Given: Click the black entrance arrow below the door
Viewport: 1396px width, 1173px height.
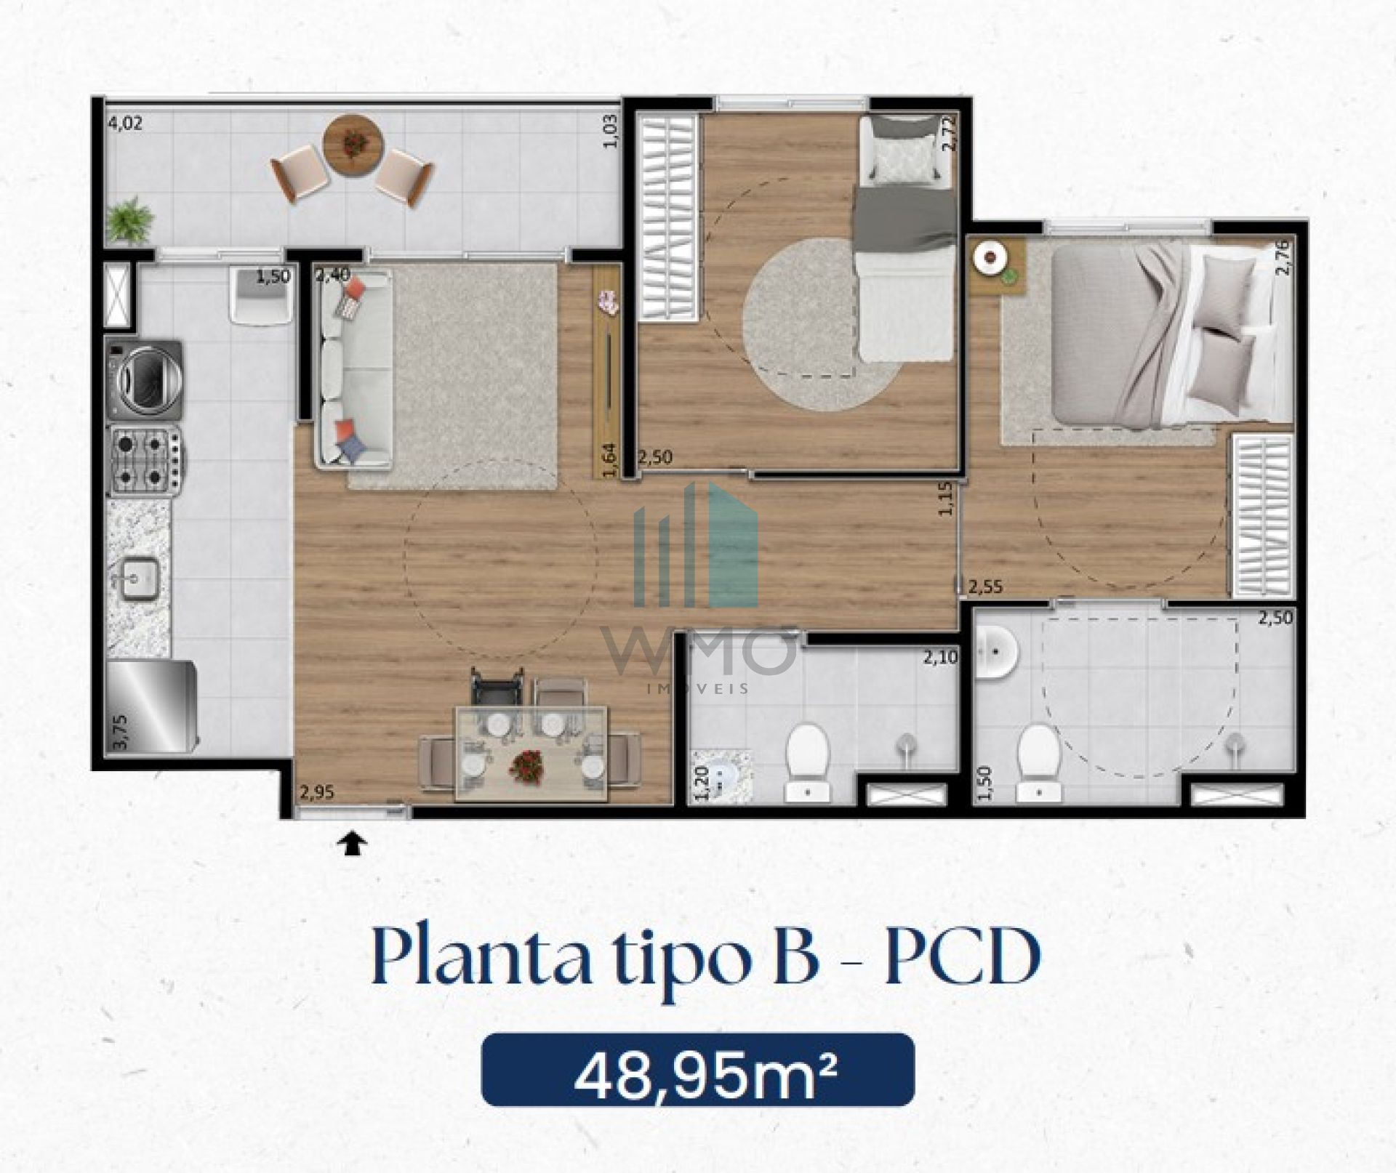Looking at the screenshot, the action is point(352,844).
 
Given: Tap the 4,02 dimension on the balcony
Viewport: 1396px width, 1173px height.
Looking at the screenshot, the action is point(125,124).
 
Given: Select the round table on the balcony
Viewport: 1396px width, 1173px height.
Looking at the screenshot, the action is point(353,145).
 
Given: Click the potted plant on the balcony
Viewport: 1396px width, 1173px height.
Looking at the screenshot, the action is point(130,220).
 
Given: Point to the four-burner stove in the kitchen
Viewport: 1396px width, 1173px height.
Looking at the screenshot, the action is point(145,460).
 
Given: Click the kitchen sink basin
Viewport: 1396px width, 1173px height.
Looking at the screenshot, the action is point(139,579).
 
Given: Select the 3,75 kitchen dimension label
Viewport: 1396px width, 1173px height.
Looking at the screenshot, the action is point(121,731).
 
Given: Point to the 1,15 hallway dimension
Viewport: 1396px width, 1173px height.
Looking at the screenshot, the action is point(945,499).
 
